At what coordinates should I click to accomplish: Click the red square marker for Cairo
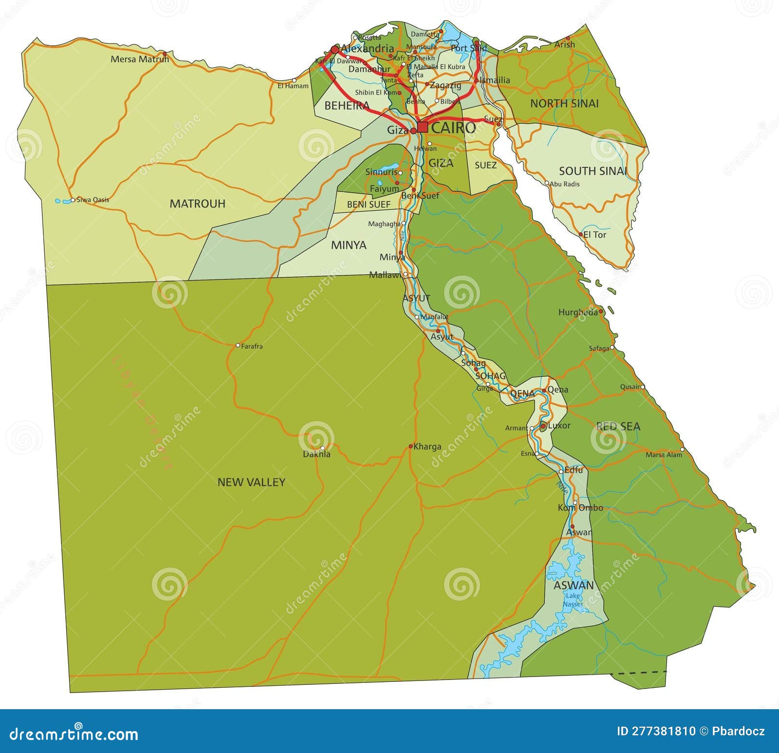pos(423,128)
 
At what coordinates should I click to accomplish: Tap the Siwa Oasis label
pos(93,200)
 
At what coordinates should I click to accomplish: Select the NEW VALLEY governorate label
pos(251,482)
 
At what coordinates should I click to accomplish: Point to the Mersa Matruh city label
pos(140,59)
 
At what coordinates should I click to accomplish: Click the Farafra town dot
pos(238,345)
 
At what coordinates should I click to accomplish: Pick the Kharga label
pos(427,446)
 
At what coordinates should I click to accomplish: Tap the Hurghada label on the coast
pos(578,312)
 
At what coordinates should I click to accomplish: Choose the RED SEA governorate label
pos(618,426)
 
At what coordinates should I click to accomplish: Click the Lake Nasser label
pos(573,600)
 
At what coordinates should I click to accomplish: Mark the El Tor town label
pos(595,235)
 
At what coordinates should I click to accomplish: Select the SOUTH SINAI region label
pos(593,171)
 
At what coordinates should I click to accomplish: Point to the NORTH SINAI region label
pos(564,103)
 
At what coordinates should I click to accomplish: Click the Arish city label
pos(565,44)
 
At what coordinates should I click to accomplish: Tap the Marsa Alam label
pos(664,455)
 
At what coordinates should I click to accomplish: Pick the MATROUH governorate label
pos(197,203)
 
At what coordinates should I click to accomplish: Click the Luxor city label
pos(559,425)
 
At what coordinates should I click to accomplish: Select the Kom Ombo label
pos(580,508)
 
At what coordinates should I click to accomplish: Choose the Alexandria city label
pos(368,48)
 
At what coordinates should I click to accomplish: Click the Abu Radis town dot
pos(547,184)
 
